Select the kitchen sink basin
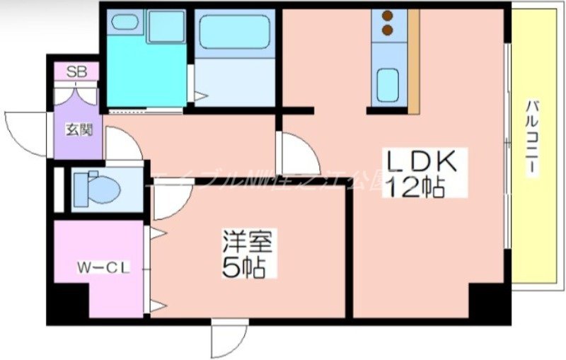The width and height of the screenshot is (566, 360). pos(388,85)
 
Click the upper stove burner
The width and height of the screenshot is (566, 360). pos(388,16)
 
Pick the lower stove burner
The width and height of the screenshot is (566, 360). pos(388,30)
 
